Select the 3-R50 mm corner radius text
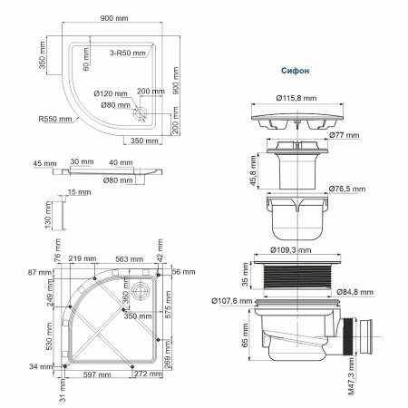(121, 55)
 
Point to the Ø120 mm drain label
(108, 92)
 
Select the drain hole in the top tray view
(139, 113)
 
